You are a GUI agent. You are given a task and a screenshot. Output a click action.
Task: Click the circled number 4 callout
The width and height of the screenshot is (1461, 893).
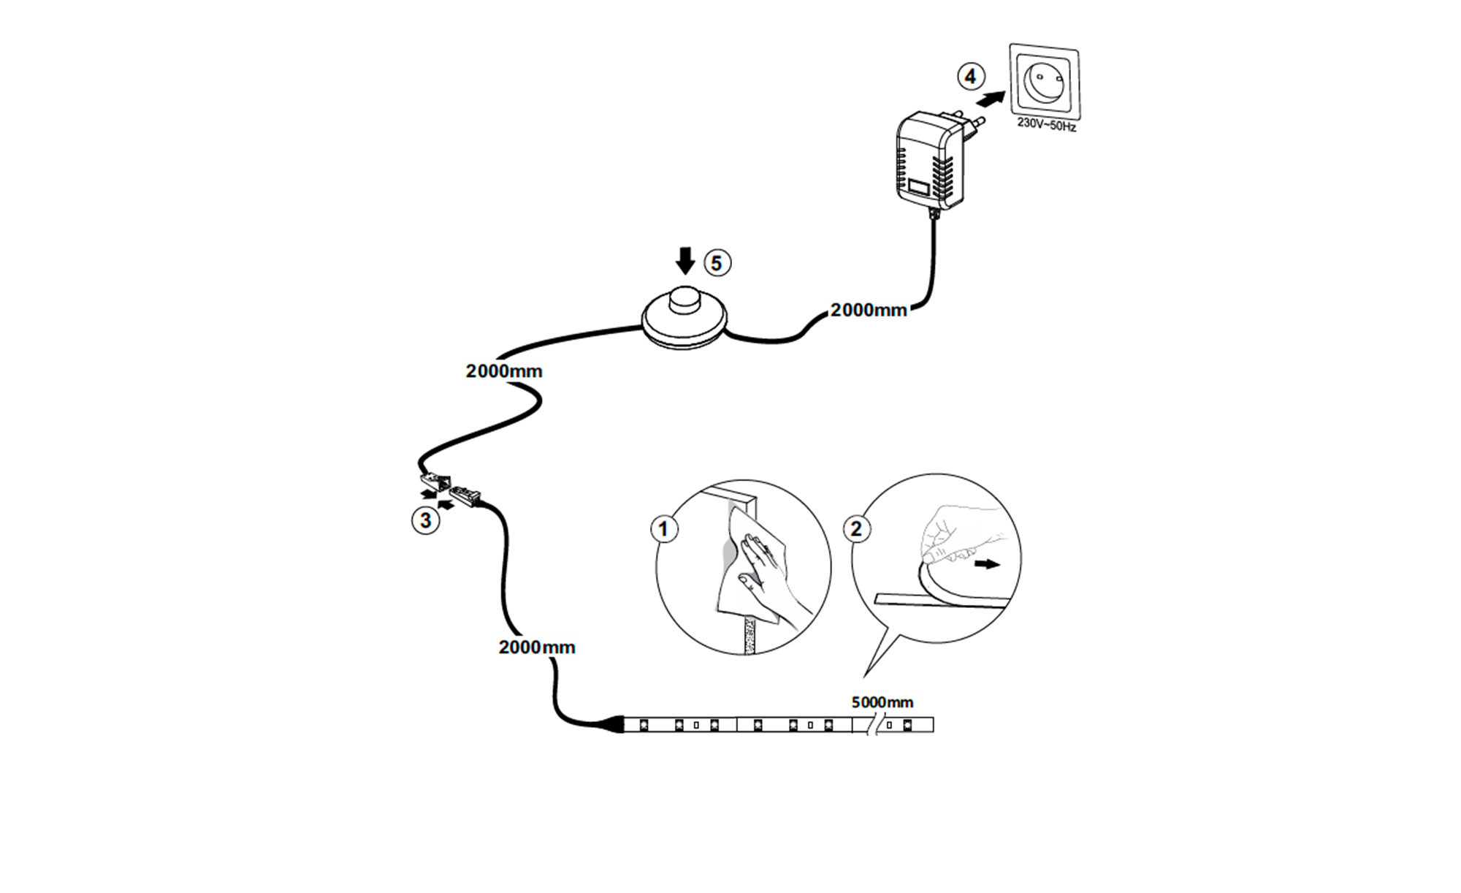[971, 76]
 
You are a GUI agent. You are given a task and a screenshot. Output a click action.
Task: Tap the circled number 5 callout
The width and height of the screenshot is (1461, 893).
[717, 263]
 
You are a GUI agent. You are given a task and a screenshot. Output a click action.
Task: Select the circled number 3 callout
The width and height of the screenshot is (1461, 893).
[426, 521]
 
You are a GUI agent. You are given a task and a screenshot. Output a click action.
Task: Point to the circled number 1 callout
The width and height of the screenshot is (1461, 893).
[664, 528]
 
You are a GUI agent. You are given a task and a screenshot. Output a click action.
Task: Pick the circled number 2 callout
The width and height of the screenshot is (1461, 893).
[857, 528]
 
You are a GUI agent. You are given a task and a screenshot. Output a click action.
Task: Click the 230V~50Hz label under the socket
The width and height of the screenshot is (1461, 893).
[1046, 125]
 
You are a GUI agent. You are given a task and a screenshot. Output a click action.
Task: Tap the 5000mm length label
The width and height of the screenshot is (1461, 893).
[882, 702]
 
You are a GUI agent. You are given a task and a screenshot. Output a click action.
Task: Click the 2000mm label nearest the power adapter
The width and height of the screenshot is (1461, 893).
[869, 310]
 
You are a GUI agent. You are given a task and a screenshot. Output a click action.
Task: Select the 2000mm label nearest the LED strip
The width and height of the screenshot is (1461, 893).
[537, 647]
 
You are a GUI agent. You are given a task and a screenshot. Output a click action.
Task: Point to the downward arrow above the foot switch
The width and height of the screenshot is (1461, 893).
[685, 261]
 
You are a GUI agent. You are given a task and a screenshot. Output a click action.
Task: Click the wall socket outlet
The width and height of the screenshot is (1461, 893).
[1045, 81]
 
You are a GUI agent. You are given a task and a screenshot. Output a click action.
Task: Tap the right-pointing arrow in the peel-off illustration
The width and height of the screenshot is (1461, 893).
[988, 564]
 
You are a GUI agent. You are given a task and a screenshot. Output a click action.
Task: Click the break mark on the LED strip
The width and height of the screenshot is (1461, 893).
[871, 725]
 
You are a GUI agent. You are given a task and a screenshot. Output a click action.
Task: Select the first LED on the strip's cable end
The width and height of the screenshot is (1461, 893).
[644, 725]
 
